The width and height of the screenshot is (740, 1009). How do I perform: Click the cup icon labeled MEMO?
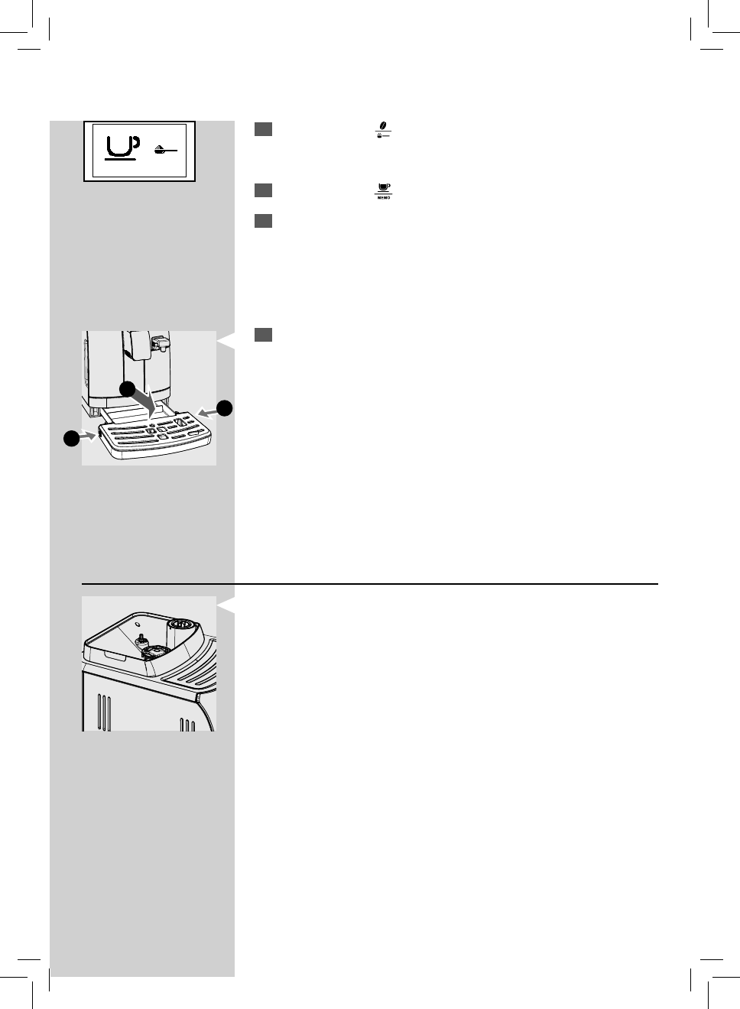383,189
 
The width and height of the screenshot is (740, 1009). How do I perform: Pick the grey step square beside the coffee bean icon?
263,129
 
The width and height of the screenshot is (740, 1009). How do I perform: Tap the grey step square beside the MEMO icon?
263,190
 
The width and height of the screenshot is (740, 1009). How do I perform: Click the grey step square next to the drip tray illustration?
263,335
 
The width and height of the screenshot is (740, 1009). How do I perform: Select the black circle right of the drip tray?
224,408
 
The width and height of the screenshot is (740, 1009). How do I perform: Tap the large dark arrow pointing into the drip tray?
144,403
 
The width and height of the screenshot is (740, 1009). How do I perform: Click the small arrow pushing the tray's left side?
90,436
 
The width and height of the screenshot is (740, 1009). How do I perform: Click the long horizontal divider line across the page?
370,584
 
